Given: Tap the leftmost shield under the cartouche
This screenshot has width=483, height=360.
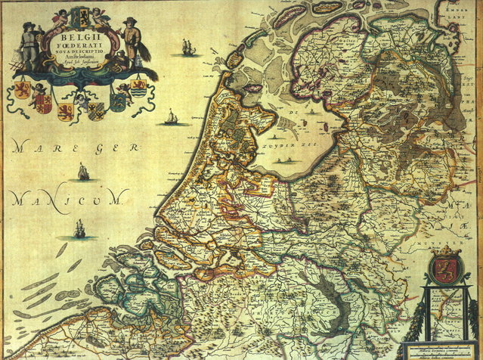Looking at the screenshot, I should [21, 92].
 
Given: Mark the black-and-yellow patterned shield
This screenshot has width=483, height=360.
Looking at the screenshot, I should [96, 111].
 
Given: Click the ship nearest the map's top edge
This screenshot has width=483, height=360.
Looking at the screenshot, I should [187, 47].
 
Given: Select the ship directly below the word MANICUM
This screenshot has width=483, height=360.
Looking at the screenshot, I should [79, 228].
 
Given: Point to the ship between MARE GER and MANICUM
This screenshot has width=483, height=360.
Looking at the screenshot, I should [82, 172].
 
